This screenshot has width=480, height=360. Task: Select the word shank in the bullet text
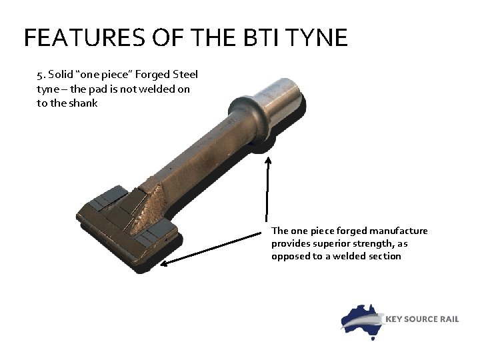pyautogui.click(x=83, y=103)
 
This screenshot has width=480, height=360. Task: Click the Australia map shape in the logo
pyautogui.click(x=360, y=318)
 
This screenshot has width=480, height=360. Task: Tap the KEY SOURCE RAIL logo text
pyautogui.click(x=423, y=319)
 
